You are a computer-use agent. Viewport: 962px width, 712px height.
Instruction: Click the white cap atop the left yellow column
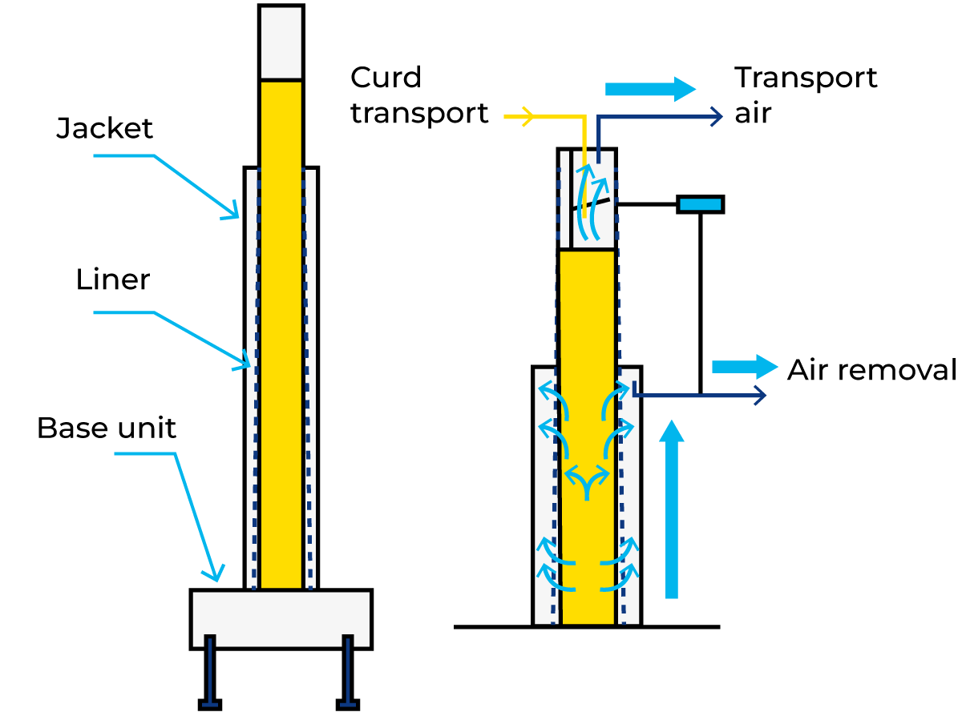tap(281, 42)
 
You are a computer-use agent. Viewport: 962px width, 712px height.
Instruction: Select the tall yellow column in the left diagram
tap(281, 336)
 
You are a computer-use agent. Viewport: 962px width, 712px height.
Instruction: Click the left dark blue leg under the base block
tap(210, 673)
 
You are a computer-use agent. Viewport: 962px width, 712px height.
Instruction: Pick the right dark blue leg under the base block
tap(347, 673)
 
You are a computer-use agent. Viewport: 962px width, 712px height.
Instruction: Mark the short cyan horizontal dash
tap(700, 204)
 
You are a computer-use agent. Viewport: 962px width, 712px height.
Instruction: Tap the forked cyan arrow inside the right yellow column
tap(587, 481)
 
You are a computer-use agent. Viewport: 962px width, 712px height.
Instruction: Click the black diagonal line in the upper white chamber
tap(592, 204)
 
